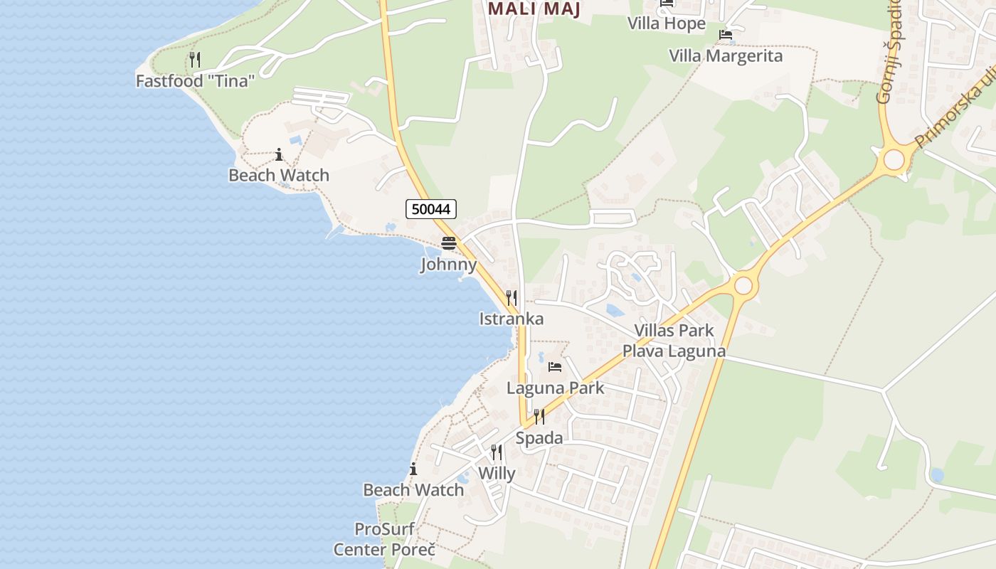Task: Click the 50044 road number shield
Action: [431, 209]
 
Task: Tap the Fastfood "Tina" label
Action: [195, 81]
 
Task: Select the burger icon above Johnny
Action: [448, 243]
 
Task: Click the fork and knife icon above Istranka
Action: [512, 297]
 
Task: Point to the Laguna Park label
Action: [555, 388]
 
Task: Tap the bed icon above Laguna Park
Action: [555, 367]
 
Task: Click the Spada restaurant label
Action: [539, 438]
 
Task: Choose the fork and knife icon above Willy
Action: [497, 452]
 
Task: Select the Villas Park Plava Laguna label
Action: [674, 341]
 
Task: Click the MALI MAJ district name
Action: [534, 9]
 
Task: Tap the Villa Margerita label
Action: [726, 55]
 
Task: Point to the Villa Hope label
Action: [666, 23]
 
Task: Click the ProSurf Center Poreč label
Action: [384, 539]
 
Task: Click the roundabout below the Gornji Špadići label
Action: [894, 159]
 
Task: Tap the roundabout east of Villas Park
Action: [743, 286]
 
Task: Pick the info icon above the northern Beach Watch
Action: [279, 154]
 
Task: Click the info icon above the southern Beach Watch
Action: [413, 469]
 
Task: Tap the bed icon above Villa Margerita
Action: [726, 34]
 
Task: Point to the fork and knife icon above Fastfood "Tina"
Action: [195, 60]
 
